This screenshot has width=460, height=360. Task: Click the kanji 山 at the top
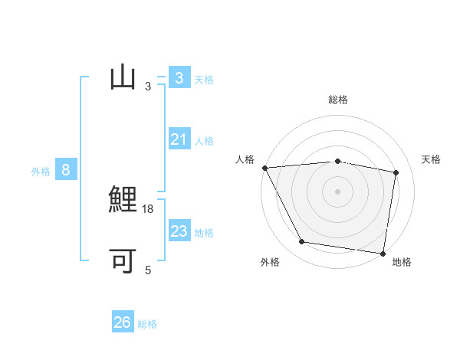[123, 78]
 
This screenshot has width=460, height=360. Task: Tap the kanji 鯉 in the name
[123, 201]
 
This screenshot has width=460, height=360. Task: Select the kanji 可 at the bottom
[123, 262]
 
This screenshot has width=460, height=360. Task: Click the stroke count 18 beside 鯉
[149, 208]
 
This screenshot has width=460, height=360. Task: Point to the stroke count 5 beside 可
[148, 270]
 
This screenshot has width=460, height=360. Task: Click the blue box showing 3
[179, 78]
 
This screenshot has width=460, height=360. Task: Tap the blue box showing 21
[179, 139]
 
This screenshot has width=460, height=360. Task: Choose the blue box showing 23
[179, 231]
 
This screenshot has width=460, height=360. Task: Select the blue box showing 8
[66, 170]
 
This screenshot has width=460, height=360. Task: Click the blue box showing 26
[123, 322]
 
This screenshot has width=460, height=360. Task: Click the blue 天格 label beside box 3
[204, 79]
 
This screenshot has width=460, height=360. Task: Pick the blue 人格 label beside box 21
[204, 140]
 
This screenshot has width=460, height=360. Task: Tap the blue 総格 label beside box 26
[147, 324]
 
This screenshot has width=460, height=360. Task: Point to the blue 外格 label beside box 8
[41, 172]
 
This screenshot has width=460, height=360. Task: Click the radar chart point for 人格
[264, 168]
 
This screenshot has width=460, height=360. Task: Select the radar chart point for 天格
[396, 172]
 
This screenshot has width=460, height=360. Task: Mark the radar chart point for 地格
[383, 253]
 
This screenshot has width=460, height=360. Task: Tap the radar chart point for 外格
[302, 242]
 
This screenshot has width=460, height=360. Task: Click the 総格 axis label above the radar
[338, 100]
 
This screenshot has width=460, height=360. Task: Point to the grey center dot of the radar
[338, 191]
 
